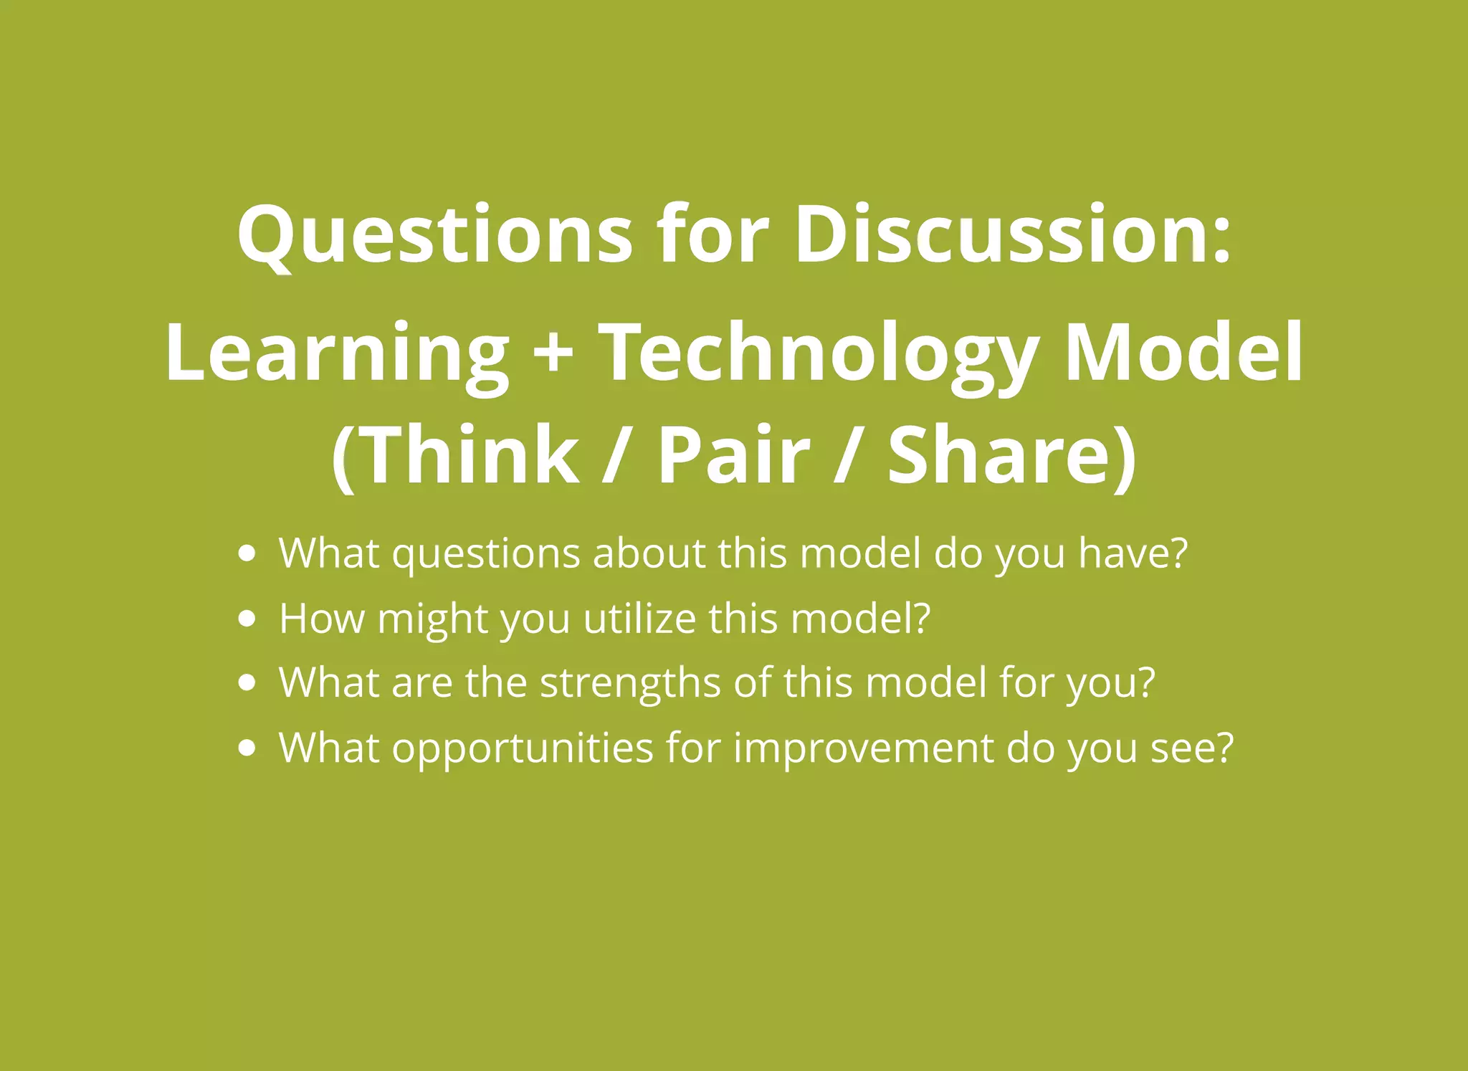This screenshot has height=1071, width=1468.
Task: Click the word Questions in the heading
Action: [x=434, y=235]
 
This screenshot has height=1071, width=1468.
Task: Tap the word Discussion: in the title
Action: [x=1012, y=235]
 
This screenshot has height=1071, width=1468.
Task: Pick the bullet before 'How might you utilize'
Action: [x=247, y=619]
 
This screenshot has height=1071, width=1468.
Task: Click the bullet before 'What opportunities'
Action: [x=247, y=748]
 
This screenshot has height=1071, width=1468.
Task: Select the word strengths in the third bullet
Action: [x=630, y=682]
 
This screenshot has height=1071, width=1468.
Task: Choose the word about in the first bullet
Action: [x=649, y=553]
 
